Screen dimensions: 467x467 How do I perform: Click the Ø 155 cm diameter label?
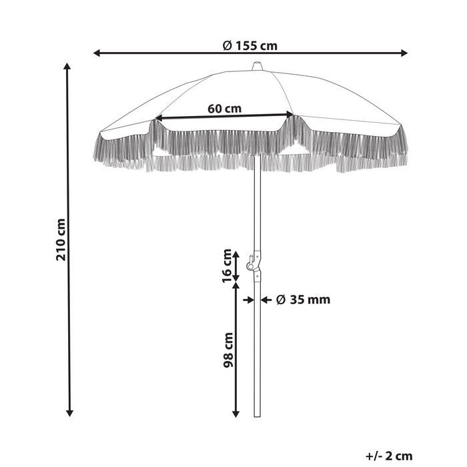250,46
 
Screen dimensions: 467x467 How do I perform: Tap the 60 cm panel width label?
224,109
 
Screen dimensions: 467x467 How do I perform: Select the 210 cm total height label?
61,240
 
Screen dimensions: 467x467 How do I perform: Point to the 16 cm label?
227,266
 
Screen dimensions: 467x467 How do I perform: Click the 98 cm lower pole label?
228,350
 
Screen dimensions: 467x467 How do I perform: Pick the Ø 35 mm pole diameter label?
303,300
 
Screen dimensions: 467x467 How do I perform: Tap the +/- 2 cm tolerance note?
389,456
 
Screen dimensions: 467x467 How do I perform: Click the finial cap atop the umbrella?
257,66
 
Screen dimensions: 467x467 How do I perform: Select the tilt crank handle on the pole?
250,263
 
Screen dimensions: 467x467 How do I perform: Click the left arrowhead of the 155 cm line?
96,53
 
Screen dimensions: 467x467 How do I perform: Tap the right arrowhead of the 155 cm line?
404,53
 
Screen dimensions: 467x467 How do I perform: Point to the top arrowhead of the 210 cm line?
67,66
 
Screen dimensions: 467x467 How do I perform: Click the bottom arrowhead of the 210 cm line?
69,413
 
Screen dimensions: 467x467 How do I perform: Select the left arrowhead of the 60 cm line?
159,118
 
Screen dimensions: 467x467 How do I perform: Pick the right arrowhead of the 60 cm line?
290,114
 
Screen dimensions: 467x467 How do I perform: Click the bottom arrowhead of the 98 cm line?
236,414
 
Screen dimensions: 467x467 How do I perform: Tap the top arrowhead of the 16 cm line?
236,255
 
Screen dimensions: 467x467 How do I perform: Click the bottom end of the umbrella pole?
257,416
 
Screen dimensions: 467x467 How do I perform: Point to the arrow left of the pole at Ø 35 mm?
248,300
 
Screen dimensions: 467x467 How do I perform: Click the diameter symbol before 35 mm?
281,300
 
